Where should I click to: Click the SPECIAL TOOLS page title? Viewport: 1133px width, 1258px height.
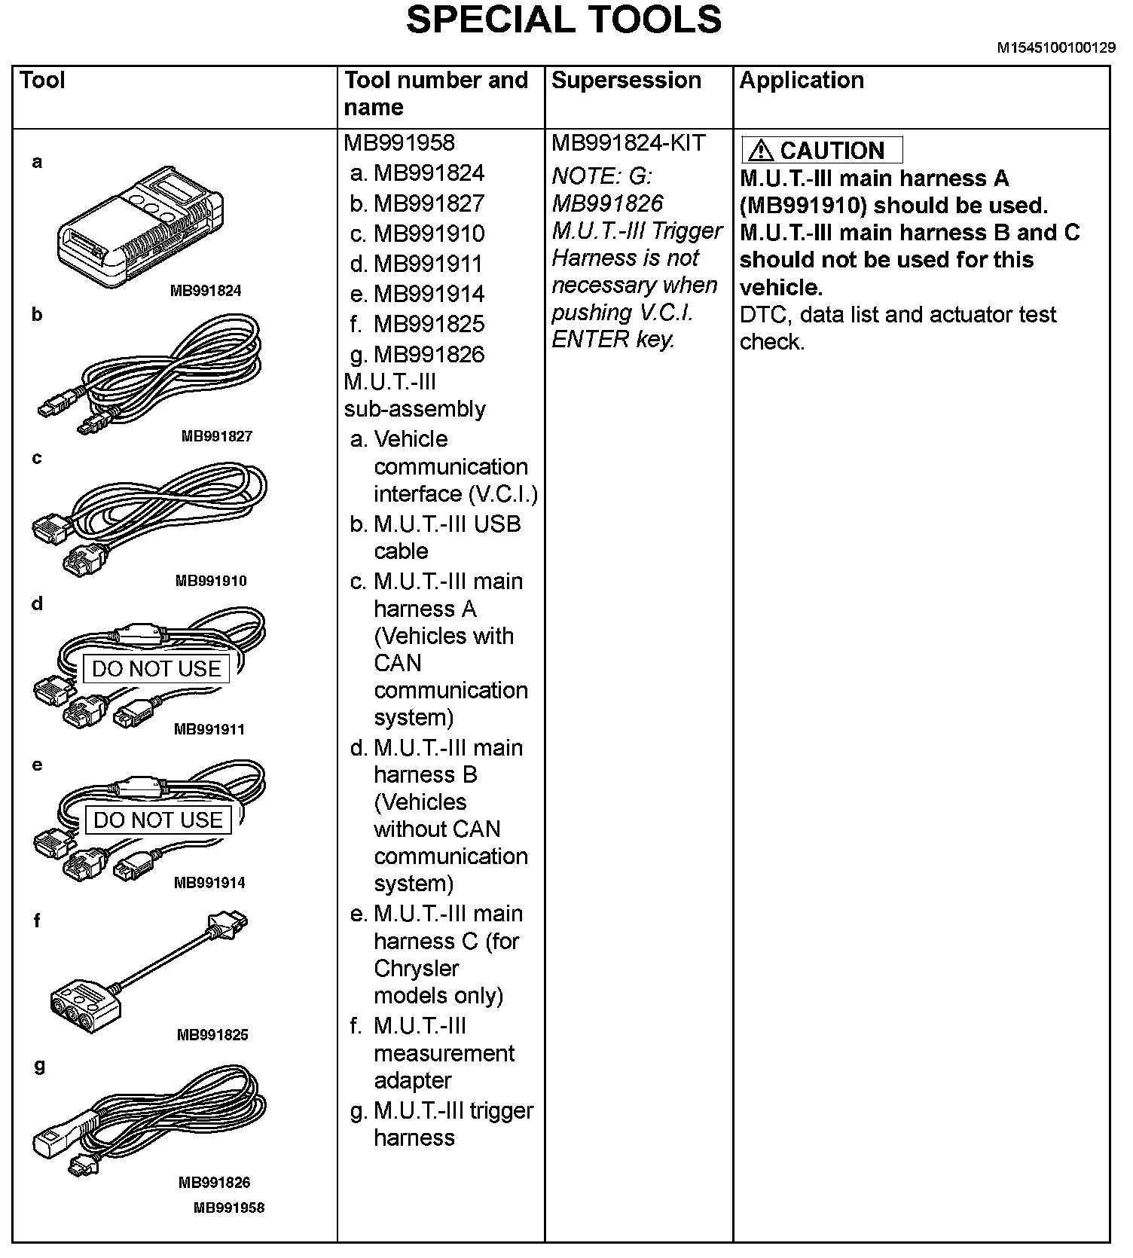[x=563, y=21]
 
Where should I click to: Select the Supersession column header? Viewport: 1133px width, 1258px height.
[x=626, y=81]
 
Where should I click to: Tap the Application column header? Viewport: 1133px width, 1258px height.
[x=802, y=81]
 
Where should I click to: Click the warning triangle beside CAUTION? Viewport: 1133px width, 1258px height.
[x=761, y=151]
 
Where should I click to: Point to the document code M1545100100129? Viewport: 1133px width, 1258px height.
[x=1056, y=48]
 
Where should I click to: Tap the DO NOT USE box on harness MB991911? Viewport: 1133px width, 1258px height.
[x=156, y=669]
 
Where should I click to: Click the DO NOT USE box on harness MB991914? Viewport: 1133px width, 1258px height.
[x=158, y=820]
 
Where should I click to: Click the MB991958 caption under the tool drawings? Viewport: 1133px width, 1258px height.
[x=229, y=1208]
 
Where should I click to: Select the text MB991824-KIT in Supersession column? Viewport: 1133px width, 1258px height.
[x=628, y=143]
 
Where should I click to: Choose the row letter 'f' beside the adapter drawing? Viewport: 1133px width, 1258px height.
[x=37, y=920]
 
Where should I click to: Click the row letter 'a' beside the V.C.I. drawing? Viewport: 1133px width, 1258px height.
[x=37, y=161]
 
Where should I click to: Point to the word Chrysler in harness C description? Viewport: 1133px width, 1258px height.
[x=416, y=969]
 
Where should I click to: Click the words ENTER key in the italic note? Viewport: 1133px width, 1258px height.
[x=612, y=340]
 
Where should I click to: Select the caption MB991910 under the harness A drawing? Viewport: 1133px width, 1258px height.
[x=211, y=581]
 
